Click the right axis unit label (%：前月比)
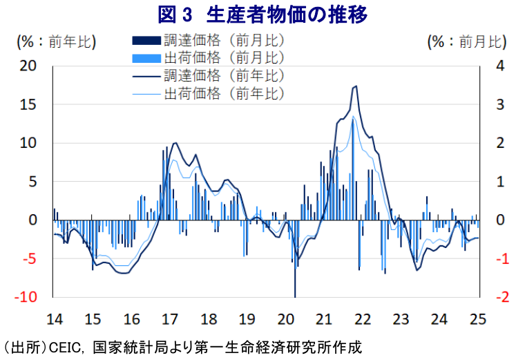[x=467, y=41]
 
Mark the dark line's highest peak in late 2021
[x=355, y=86]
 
